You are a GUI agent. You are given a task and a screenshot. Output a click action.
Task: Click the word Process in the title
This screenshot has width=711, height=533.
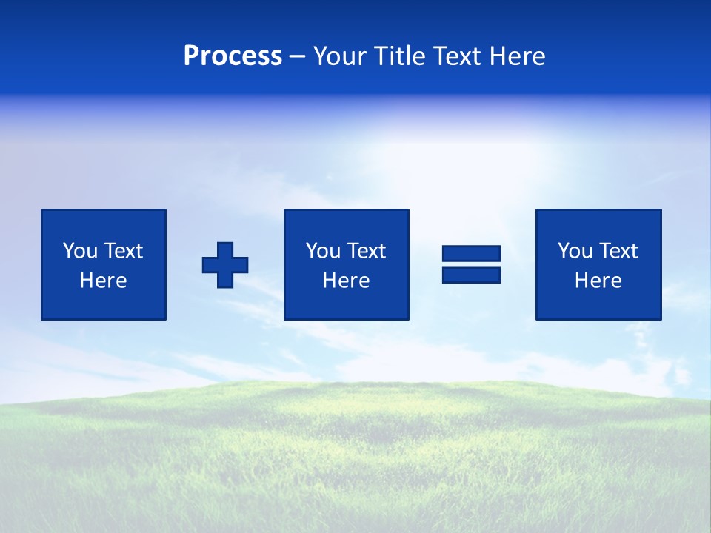point(233,56)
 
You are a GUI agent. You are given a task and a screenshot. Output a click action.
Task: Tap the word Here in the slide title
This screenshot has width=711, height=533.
point(517,56)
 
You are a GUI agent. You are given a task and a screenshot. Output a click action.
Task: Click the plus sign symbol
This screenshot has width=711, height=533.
point(225,265)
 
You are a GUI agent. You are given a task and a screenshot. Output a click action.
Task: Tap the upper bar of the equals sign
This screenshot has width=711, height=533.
point(471,254)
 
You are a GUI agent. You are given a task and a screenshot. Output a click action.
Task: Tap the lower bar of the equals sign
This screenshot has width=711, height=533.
point(471,275)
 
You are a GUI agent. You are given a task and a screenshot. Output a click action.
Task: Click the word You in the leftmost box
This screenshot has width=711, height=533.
point(80,251)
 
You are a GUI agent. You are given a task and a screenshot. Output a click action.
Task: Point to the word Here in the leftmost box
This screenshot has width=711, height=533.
point(104,281)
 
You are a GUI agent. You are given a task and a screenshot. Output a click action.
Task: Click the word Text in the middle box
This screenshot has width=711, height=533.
point(367,251)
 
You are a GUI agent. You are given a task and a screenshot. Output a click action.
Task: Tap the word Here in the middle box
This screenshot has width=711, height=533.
point(346,281)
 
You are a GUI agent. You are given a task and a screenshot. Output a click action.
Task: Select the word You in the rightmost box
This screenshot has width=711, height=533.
point(575,251)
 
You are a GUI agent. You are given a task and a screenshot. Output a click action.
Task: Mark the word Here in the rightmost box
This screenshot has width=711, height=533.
point(598,281)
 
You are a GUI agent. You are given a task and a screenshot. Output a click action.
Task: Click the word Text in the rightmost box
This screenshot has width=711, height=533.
point(618,251)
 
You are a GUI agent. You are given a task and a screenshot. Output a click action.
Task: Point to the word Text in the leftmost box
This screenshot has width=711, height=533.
point(124,251)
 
